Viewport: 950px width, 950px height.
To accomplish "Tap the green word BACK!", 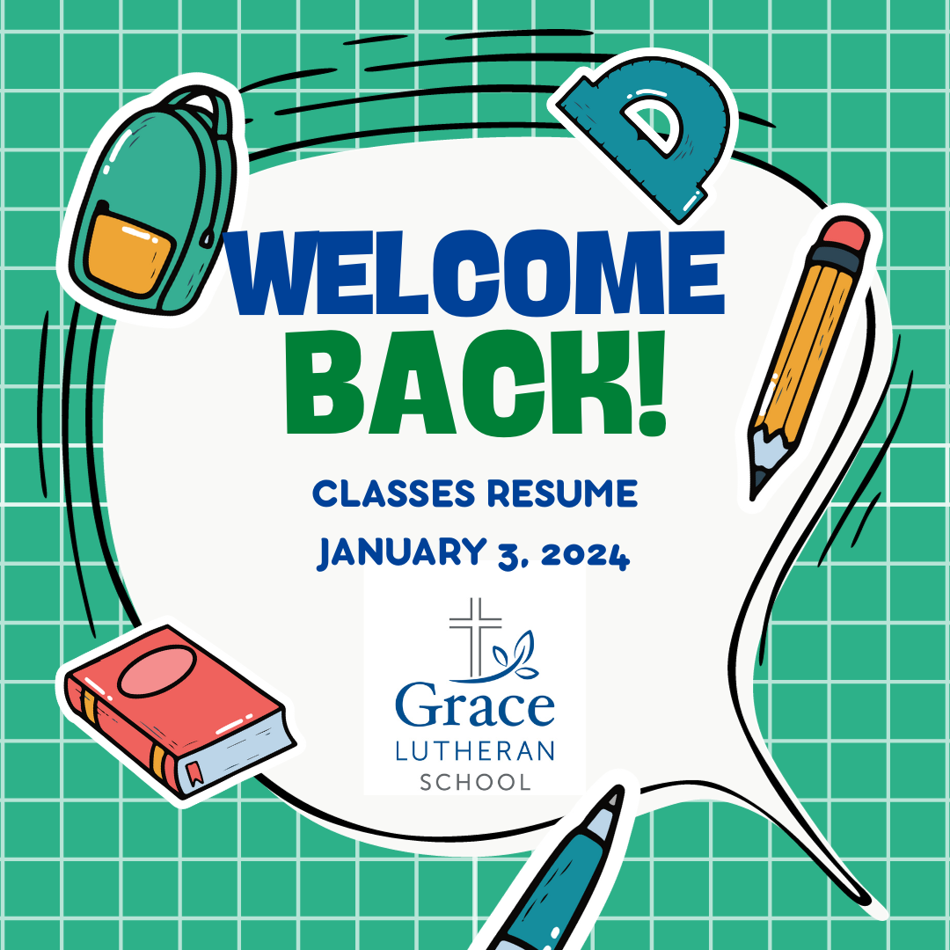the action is pyautogui.click(x=476, y=383).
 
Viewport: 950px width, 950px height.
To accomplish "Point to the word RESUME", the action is pyautogui.click(x=562, y=493).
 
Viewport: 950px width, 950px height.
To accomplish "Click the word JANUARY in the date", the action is pyautogui.click(x=401, y=552).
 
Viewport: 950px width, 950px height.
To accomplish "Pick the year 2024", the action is pyautogui.click(x=585, y=554).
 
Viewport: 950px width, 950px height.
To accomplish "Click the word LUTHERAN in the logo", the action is pyautogui.click(x=475, y=750).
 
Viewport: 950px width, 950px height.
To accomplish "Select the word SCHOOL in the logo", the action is pyautogui.click(x=476, y=782).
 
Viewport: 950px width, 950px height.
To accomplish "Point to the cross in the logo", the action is pyautogui.click(x=476, y=636).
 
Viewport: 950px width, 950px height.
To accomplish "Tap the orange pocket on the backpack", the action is pyautogui.click(x=128, y=254).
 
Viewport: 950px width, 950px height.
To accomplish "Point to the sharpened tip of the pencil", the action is pyautogui.click(x=755, y=492).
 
